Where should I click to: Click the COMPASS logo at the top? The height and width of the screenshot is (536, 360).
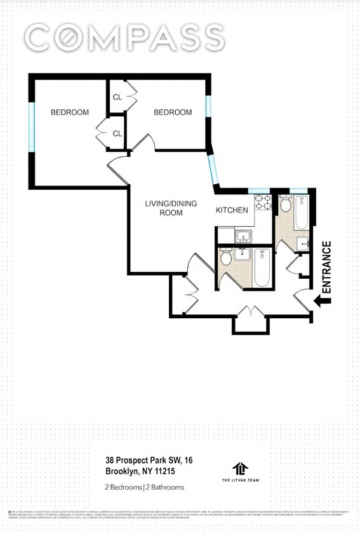coord(124,38)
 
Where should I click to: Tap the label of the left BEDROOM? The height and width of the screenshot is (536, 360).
coord(70,112)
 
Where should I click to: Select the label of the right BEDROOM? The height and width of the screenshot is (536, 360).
coord(173,112)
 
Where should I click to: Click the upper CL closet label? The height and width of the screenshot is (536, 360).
coord(117,97)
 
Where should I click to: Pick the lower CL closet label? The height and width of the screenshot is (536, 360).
coord(117,133)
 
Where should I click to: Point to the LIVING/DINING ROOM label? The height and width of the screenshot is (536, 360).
coord(171,208)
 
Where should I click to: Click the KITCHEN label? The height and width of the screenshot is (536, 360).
coord(232,210)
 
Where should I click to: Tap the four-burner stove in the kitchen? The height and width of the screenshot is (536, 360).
coord(263,203)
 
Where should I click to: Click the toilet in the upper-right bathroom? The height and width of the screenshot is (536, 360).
coord(285,204)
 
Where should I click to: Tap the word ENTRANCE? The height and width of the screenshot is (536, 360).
coord(327,267)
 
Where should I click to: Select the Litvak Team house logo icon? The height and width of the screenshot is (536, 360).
coord(240,469)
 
